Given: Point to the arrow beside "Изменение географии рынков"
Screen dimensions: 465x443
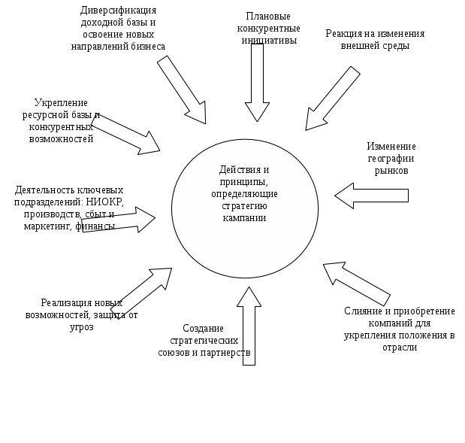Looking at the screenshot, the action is pyautogui.click(x=372, y=196).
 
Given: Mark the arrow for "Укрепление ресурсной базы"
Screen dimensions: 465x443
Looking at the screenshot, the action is pyautogui.click(x=124, y=132).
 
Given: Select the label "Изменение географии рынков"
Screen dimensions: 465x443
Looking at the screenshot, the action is pyautogui.click(x=391, y=158).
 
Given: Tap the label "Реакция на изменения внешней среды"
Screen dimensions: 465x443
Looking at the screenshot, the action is pyautogui.click(x=375, y=39).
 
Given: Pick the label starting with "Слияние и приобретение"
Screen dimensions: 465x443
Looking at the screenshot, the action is pyautogui.click(x=400, y=329).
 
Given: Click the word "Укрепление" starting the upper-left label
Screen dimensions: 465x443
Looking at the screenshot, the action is pyautogui.click(x=62, y=102).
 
